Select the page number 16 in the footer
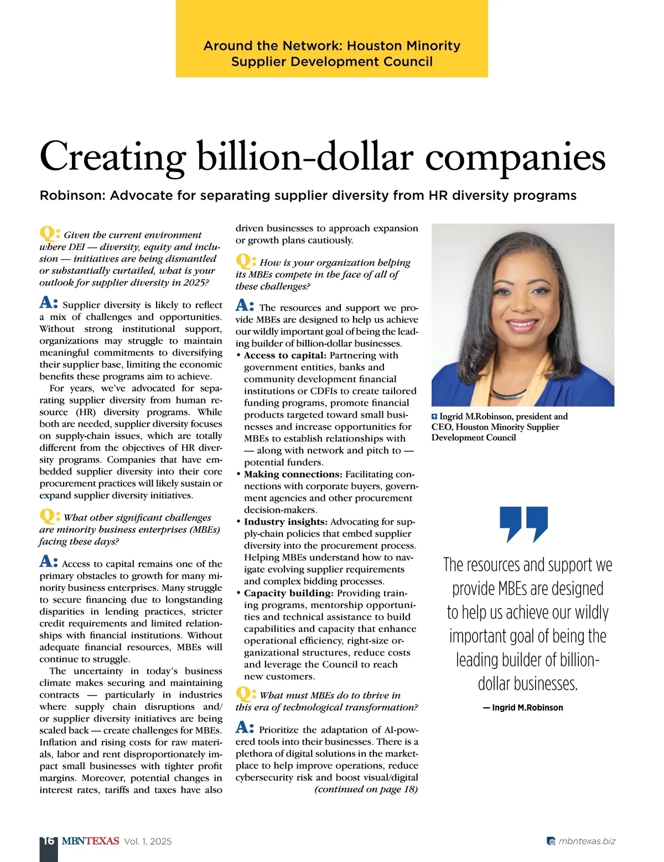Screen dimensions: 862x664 [x=48, y=841]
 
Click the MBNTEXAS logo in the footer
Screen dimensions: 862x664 [x=90, y=841]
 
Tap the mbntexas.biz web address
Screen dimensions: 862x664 [x=587, y=841]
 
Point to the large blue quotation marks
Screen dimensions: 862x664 [x=523, y=524]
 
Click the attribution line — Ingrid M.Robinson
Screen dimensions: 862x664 [x=523, y=708]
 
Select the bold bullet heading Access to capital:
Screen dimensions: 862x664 [x=285, y=355]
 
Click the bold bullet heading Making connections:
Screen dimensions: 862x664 [x=293, y=474]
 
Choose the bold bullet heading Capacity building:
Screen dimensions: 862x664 [x=288, y=593]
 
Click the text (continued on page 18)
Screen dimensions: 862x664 [x=366, y=790]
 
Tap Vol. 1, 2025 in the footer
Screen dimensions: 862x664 [x=148, y=842]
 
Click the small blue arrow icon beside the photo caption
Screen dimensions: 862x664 [x=434, y=417]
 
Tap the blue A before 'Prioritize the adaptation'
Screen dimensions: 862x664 [x=244, y=727]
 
